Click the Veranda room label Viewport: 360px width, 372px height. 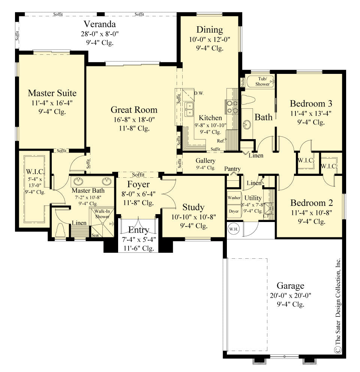(x=99, y=25)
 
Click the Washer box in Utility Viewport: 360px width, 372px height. (x=234, y=197)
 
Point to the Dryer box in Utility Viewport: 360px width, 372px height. (x=234, y=211)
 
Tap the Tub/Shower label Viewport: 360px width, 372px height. (x=262, y=81)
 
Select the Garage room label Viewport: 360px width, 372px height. (x=290, y=286)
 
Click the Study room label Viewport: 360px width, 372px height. (x=193, y=207)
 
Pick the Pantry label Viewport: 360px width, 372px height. (x=233, y=169)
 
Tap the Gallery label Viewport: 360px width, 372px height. (x=205, y=161)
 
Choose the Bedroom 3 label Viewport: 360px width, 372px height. (x=311, y=103)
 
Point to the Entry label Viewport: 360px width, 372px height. (x=138, y=230)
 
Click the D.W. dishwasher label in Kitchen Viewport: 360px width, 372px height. (x=199, y=93)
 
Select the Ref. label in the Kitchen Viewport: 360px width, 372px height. (x=221, y=141)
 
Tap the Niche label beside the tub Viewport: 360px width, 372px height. (x=243, y=82)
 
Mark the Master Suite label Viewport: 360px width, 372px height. (x=52, y=93)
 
